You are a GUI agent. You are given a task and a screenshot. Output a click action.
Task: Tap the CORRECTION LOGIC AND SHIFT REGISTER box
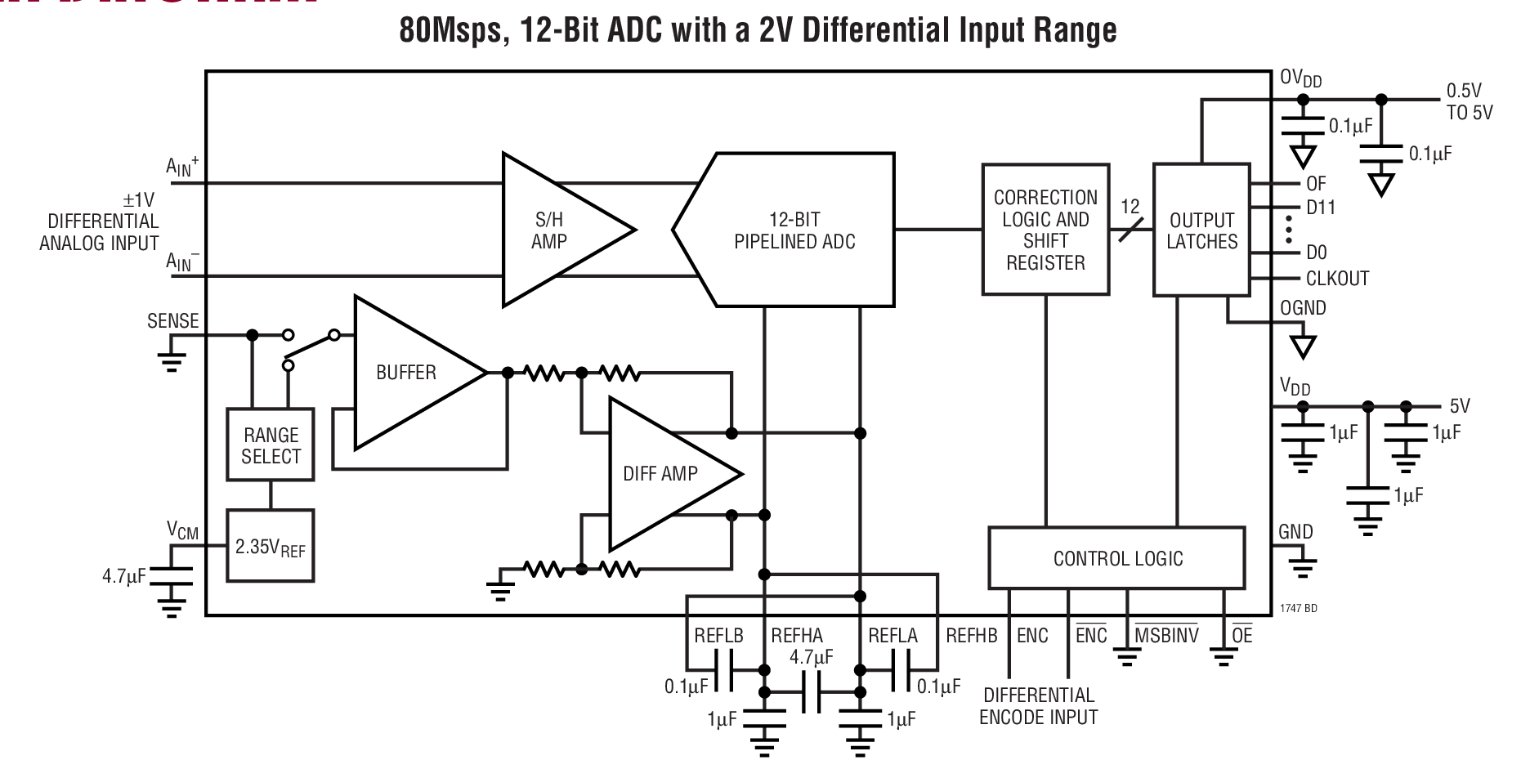click(1045, 230)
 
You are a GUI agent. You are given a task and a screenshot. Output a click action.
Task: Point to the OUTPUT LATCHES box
click(1201, 230)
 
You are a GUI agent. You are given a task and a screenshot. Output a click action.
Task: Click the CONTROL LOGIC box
click(1117, 559)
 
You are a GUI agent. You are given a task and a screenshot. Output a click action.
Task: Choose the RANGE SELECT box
click(271, 445)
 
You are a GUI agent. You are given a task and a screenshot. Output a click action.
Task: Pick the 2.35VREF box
click(271, 547)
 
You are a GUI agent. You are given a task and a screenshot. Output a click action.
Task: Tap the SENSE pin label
click(172, 321)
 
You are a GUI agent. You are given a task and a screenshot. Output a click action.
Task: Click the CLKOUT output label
click(1337, 279)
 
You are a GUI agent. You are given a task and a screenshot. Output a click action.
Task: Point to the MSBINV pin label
click(1166, 636)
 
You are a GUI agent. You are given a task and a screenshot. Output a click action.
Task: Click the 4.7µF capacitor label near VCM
click(123, 576)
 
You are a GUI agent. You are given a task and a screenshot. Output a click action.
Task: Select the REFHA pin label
click(797, 636)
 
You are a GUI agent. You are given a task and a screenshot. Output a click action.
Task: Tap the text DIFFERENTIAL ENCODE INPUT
click(1038, 706)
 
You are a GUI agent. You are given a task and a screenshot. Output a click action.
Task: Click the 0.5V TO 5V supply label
click(1469, 102)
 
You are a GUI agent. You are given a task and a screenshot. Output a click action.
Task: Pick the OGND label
click(1303, 308)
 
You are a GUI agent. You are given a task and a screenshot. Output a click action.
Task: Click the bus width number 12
click(1130, 207)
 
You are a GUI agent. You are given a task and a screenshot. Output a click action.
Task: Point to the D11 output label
click(1321, 208)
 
